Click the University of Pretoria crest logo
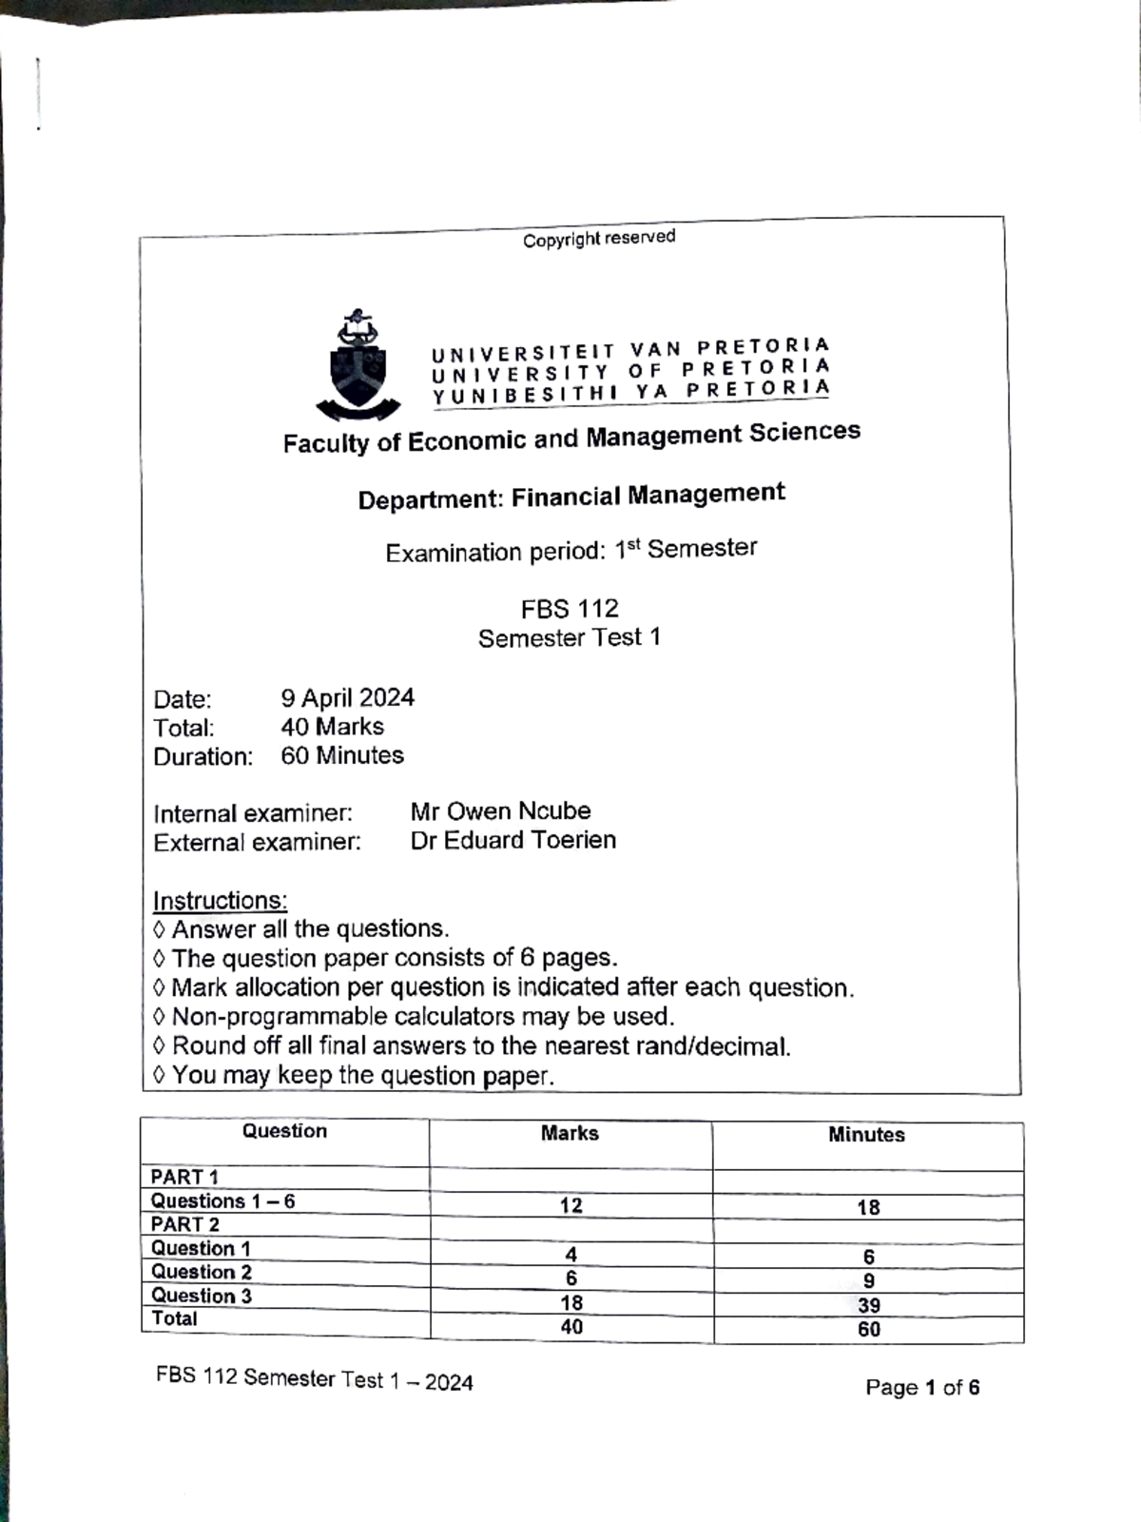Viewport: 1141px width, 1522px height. pos(358,365)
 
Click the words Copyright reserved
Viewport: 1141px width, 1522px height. pos(598,238)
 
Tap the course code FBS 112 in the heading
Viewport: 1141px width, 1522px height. pos(570,608)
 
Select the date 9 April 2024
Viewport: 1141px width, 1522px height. pos(347,698)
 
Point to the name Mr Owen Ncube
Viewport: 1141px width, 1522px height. pos(500,811)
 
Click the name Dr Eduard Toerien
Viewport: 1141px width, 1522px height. pos(512,840)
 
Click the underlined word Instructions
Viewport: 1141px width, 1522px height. pos(220,900)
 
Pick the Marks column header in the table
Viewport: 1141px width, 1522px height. pos(570,1133)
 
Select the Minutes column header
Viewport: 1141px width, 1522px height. pos(866,1135)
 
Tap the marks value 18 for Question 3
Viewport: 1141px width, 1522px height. pos(571,1303)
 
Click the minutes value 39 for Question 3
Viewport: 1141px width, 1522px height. pos(868,1306)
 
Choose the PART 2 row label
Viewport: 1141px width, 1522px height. pos(185,1224)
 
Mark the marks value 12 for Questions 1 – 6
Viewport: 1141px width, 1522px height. pos(570,1206)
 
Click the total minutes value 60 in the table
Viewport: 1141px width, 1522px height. pos(869,1330)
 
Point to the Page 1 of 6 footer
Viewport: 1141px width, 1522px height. pos(921,1388)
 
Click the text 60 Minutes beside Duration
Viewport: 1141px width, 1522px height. pos(342,755)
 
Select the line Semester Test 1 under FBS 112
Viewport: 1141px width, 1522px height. pos(569,637)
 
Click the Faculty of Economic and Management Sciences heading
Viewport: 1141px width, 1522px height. pos(571,438)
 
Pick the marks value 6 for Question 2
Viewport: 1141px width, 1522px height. pos(571,1278)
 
